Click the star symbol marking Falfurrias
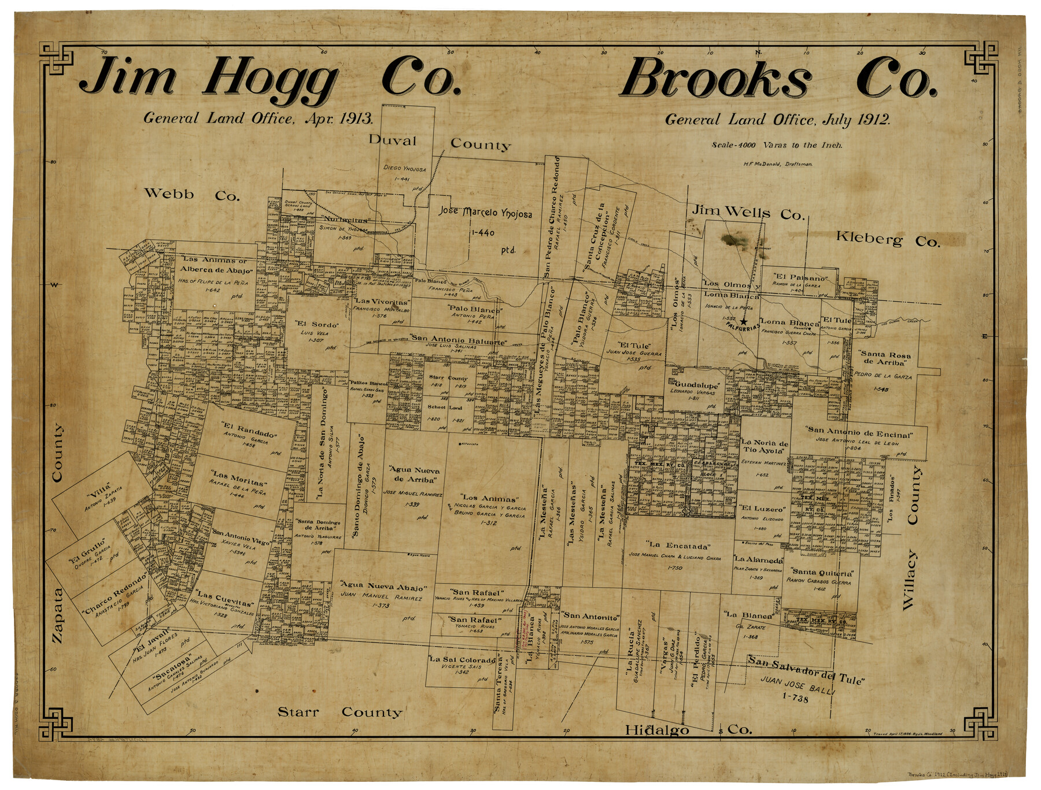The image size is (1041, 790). point(744,321)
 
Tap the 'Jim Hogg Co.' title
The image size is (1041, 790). point(270,79)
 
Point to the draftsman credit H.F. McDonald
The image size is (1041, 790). point(778,164)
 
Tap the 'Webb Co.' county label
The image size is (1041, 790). point(191,194)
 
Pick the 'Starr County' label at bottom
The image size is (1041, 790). point(339,712)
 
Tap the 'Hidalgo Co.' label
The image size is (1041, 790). point(688,730)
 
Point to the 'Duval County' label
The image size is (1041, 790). point(440,142)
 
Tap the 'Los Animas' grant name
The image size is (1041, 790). point(489,498)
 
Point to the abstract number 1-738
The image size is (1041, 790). point(795,698)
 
